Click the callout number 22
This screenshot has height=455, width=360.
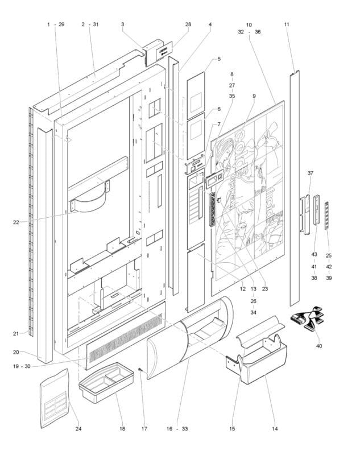point(16,222)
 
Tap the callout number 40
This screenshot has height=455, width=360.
point(319,346)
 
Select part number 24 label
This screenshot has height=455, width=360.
point(78,429)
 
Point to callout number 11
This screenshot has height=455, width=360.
point(287,24)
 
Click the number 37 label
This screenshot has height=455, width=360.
point(311,173)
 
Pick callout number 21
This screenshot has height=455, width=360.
point(16,334)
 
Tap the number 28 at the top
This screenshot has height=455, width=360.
point(188,24)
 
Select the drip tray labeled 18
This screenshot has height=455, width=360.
point(106,382)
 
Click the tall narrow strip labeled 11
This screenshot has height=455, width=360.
point(295,188)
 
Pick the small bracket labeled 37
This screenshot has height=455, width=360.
point(305,214)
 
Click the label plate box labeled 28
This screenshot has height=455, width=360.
point(158,52)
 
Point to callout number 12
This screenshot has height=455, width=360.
point(242,289)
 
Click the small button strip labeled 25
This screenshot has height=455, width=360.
point(327,216)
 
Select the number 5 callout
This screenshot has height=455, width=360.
point(219,59)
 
